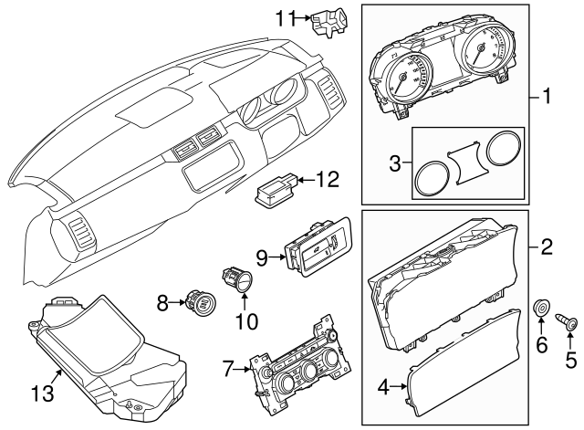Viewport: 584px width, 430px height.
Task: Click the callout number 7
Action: pos(229,369)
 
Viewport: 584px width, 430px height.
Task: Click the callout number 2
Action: pos(547,246)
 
